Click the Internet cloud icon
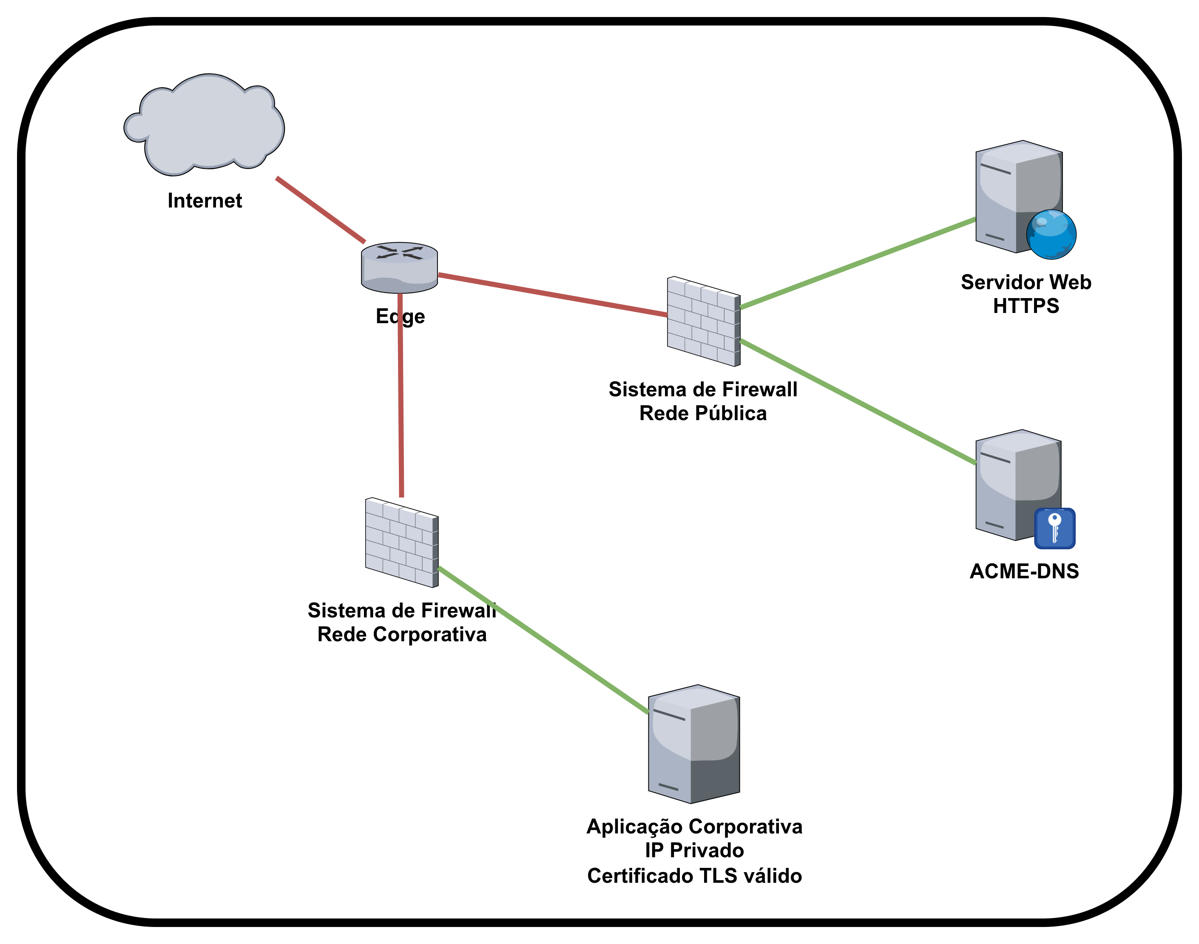pyautogui.click(x=205, y=124)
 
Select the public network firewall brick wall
pyautogui.click(x=703, y=321)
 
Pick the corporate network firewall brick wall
pyautogui.click(x=402, y=542)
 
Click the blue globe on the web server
pyautogui.click(x=1051, y=234)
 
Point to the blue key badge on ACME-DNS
pyautogui.click(x=1054, y=529)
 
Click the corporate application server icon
pyautogui.click(x=694, y=744)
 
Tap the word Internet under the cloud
pyautogui.click(x=205, y=201)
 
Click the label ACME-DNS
pyautogui.click(x=1024, y=571)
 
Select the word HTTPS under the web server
pyautogui.click(x=1026, y=306)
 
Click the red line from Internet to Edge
pyautogui.click(x=321, y=210)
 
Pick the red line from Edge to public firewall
pyautogui.click(x=553, y=295)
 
